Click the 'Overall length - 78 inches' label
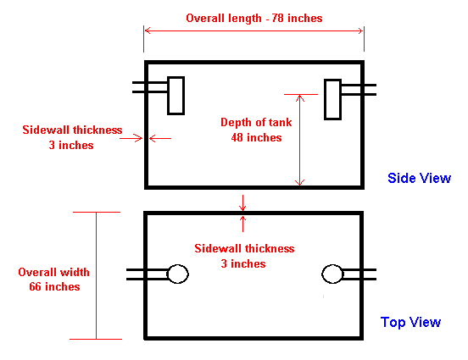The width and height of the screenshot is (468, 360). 254,18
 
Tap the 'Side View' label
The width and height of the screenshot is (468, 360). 419,178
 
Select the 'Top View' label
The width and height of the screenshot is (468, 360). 410,322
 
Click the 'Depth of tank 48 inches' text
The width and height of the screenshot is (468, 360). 256,130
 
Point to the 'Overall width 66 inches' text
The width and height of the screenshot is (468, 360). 53,280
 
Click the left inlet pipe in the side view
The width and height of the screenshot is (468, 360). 150,86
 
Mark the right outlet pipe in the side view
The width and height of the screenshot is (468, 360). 359,90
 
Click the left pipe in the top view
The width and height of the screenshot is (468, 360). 148,274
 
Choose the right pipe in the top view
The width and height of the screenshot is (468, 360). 359,274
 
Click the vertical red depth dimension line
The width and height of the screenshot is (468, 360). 299,140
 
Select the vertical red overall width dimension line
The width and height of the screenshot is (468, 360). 96,275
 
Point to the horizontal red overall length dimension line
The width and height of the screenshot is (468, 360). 254,30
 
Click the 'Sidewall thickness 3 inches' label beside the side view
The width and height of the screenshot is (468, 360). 72,137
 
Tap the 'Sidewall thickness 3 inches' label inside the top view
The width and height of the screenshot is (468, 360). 244,256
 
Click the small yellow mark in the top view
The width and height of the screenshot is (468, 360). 323,296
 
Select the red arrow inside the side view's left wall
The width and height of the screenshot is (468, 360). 160,138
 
